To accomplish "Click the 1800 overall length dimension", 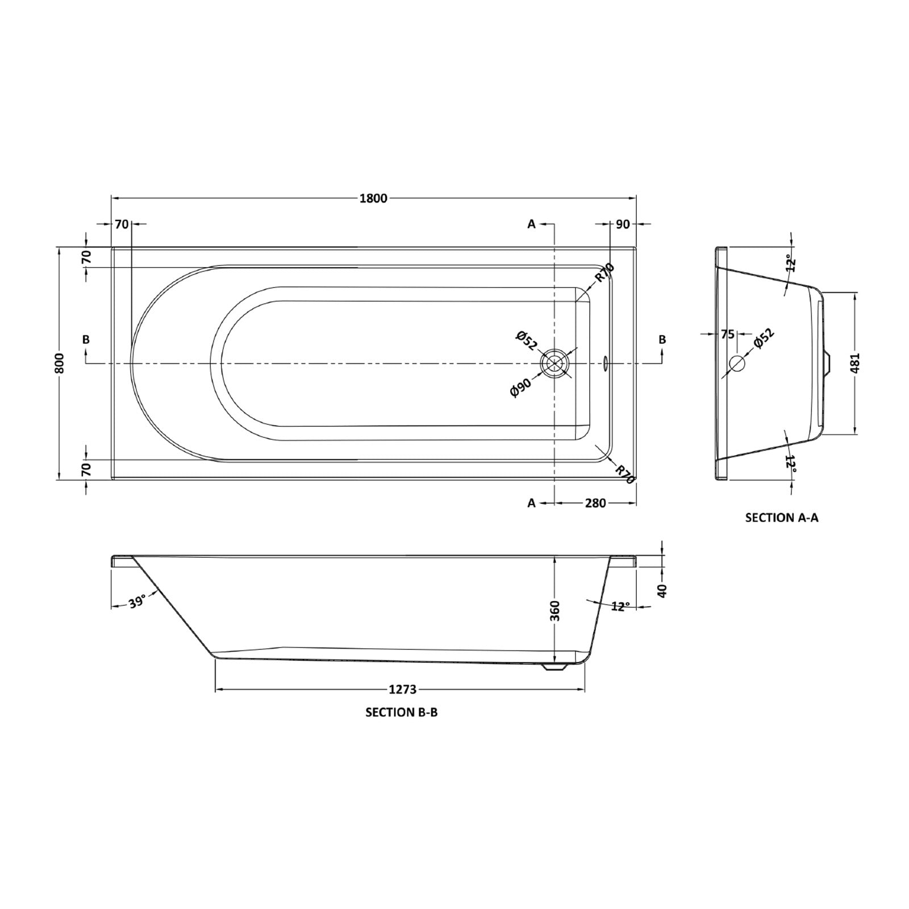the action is pos(373,198).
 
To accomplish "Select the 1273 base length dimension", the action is pos(403,690).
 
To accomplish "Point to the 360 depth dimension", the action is pos(555,610).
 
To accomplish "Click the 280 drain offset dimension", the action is pos(595,503).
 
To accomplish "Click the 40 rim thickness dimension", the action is pos(661,591).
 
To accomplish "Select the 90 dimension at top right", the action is pos(623,224).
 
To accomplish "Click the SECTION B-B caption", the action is pos(402,712).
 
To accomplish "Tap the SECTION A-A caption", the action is pos(782,518).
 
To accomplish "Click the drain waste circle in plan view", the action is pos(554,364).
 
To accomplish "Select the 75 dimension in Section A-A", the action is pos(728,335).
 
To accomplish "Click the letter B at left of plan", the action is pos(86,340).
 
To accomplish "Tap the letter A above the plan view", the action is pos(532,224).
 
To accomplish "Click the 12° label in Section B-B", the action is pos(620,606).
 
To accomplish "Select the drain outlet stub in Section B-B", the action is pos(554,668).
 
